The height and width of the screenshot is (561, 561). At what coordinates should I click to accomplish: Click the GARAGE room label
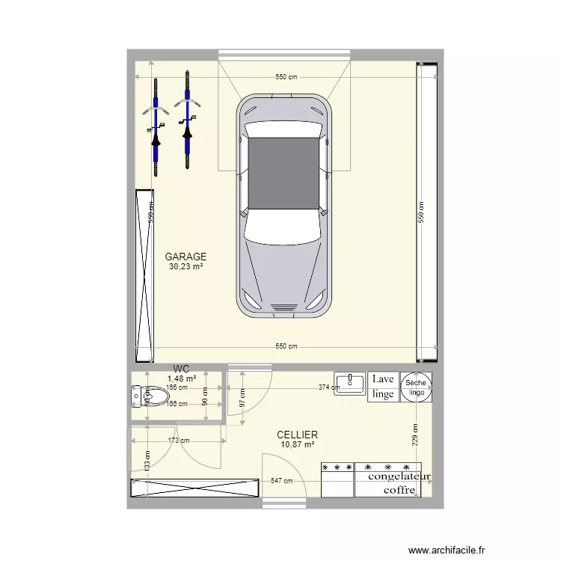pos(186,257)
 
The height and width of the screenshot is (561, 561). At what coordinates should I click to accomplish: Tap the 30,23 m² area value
pos(186,266)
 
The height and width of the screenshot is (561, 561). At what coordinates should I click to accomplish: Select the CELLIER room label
pos(297,435)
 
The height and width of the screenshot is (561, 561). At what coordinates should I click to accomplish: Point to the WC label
pos(181,369)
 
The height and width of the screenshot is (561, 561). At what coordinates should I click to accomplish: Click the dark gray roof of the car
pos(283,173)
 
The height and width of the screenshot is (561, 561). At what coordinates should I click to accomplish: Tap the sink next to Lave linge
pos(349,383)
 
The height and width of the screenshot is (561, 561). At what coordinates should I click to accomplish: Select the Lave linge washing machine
pos(382,387)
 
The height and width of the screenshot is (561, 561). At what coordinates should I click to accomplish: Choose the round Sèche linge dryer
pos(416,387)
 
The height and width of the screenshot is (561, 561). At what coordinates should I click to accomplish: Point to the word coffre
pos(399,490)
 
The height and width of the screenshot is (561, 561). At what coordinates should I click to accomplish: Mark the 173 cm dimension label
pos(177,441)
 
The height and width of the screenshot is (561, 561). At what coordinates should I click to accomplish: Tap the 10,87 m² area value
pos(297,444)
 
